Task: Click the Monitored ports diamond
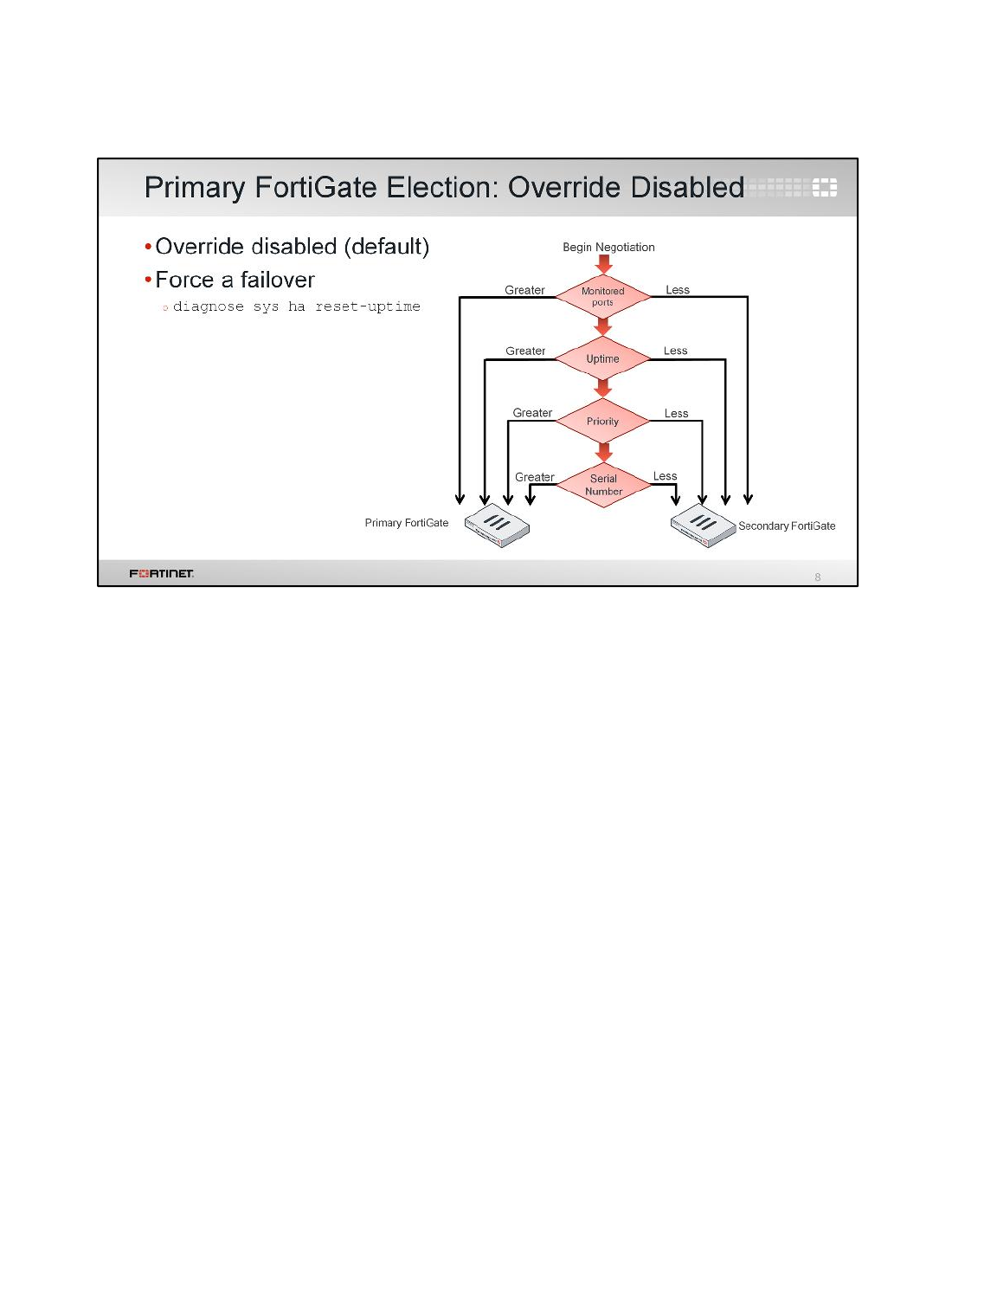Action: (x=602, y=296)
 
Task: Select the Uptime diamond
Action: (x=602, y=358)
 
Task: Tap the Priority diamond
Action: (x=602, y=421)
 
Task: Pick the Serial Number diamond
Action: (x=603, y=485)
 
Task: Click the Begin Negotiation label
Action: (x=608, y=247)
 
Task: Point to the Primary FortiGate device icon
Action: (x=497, y=525)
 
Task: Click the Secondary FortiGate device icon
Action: (x=703, y=525)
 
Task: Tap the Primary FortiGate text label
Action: (x=407, y=522)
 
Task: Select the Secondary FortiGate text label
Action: (x=787, y=526)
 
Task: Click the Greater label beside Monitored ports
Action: (x=524, y=290)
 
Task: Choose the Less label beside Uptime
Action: (x=675, y=351)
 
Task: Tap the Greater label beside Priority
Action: (x=532, y=413)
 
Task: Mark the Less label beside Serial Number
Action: (x=665, y=476)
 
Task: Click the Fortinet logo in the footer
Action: (x=162, y=573)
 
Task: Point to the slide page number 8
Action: (x=818, y=577)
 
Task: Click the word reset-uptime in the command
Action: (x=368, y=306)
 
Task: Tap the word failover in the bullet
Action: (x=277, y=280)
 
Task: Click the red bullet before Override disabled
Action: (x=148, y=246)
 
